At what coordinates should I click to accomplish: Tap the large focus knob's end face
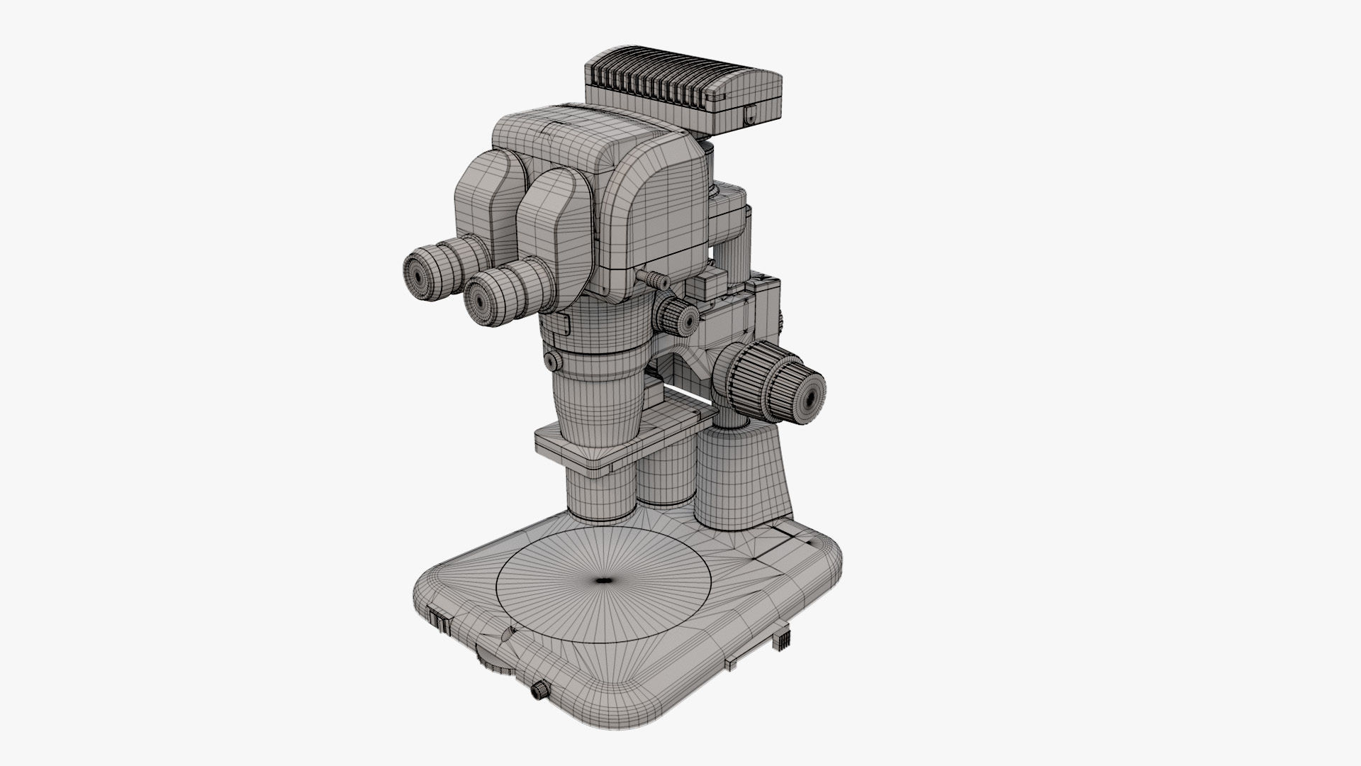[x=808, y=389]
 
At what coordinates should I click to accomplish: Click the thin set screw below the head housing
[x=651, y=277]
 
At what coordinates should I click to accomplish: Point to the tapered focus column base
[x=744, y=479]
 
